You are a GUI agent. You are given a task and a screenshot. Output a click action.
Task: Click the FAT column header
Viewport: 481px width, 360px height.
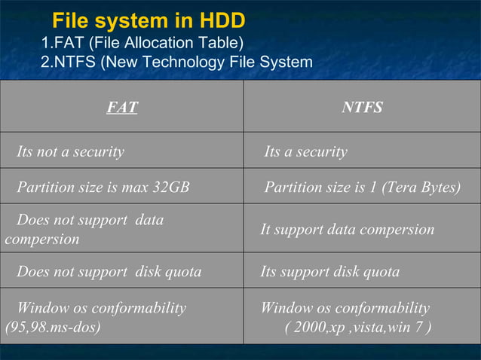(x=121, y=108)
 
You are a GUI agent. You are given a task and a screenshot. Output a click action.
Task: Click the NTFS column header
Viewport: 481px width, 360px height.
(x=362, y=108)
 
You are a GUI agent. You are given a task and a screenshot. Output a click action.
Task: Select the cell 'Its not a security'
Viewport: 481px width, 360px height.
(x=70, y=152)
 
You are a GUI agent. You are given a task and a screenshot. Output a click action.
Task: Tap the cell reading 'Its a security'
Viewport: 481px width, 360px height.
(x=305, y=152)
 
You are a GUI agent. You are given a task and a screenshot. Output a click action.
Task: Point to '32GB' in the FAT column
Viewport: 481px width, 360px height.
(x=170, y=188)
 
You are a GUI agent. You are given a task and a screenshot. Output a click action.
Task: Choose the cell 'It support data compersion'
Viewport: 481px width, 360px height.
(x=347, y=229)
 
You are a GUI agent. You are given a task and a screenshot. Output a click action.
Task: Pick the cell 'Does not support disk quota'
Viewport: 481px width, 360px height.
(x=109, y=272)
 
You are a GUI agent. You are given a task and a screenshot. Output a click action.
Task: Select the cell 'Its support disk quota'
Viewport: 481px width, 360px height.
(x=329, y=272)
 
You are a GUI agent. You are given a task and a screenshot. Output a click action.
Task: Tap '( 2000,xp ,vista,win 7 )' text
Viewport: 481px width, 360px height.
(x=358, y=328)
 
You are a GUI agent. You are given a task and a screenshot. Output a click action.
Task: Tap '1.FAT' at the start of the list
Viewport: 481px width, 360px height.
(x=63, y=44)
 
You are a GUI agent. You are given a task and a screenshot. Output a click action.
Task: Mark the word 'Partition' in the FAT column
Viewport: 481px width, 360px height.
(x=47, y=188)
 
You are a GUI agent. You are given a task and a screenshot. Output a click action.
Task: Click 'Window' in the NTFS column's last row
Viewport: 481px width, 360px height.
(x=283, y=309)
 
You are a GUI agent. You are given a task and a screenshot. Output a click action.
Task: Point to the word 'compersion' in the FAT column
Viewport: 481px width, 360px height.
(x=41, y=239)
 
